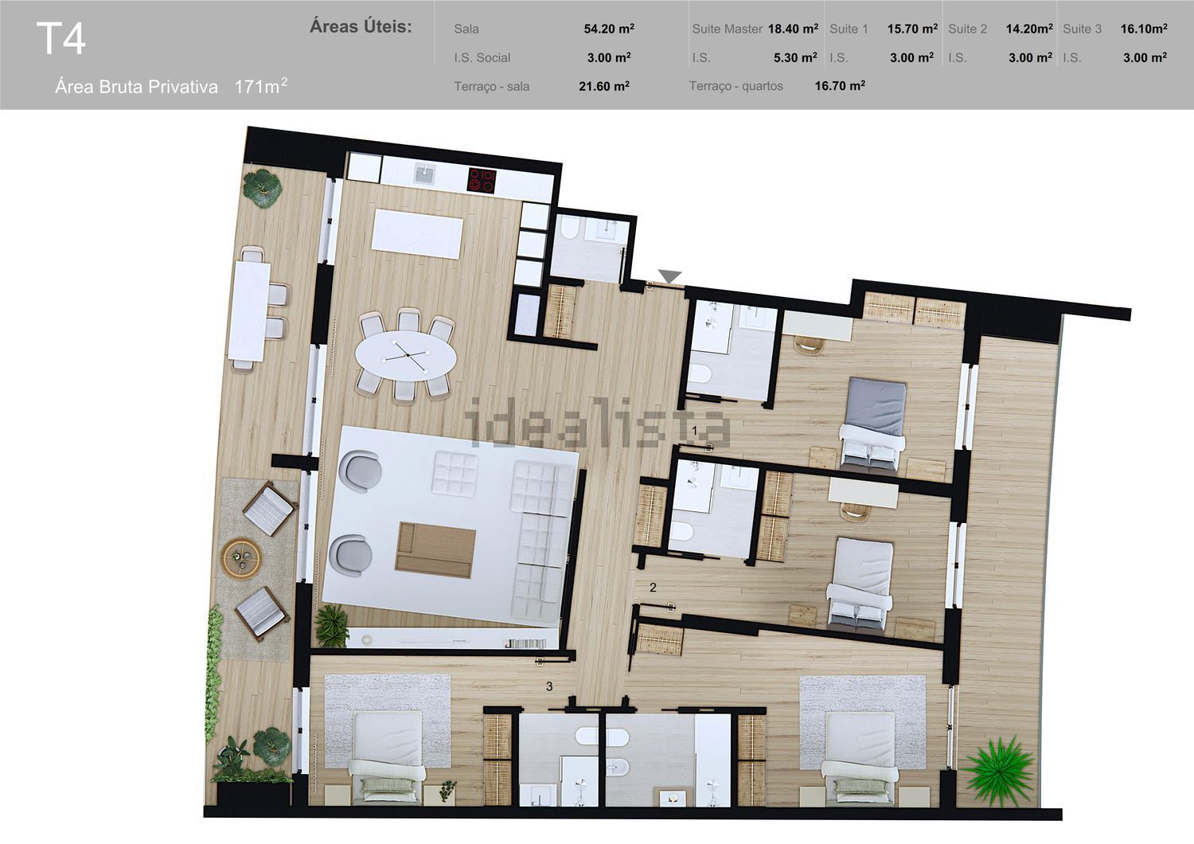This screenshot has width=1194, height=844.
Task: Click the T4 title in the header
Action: tap(60, 39)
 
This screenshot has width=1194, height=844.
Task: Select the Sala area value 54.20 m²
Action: tap(609, 29)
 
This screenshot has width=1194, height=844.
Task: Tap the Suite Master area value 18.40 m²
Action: tap(793, 29)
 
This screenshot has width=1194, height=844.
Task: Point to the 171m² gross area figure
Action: tap(260, 86)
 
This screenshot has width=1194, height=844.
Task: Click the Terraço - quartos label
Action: tap(736, 86)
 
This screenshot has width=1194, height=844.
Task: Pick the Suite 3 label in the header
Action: tap(1082, 29)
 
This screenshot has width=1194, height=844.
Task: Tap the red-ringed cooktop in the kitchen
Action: tap(482, 180)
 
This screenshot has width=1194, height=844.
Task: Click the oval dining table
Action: tap(406, 355)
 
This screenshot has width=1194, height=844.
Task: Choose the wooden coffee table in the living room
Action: tap(435, 549)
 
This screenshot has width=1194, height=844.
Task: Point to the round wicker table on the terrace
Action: tap(241, 558)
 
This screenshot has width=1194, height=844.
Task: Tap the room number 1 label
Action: tap(695, 429)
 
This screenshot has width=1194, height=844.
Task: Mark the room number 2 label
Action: tap(653, 588)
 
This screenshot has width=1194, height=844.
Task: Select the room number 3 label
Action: tap(549, 686)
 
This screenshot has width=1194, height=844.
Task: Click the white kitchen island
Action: tap(417, 234)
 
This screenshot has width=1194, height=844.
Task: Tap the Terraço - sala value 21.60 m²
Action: tap(604, 86)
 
